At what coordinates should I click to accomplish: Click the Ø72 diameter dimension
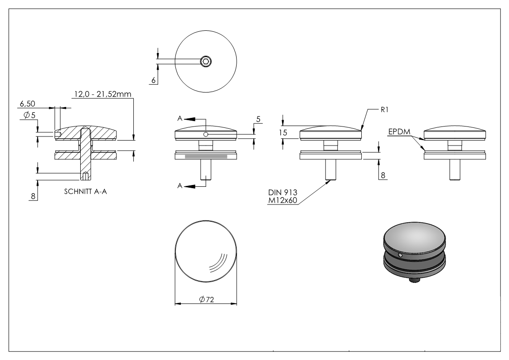point(206,300)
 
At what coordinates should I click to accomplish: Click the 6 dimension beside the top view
point(154,80)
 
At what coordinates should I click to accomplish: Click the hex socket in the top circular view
point(206,61)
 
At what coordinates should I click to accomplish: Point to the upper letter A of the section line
point(180,118)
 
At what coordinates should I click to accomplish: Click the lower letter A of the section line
point(180,186)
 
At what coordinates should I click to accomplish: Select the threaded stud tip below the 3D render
point(413,281)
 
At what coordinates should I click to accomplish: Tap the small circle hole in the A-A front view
point(206,134)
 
